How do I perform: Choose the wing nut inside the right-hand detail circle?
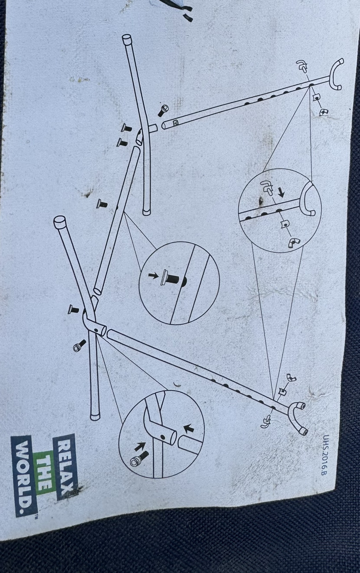point(293,243)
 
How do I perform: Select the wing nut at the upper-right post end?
point(323,112)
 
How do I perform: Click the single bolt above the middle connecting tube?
point(102,203)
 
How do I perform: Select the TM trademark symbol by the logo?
point(37,517)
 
